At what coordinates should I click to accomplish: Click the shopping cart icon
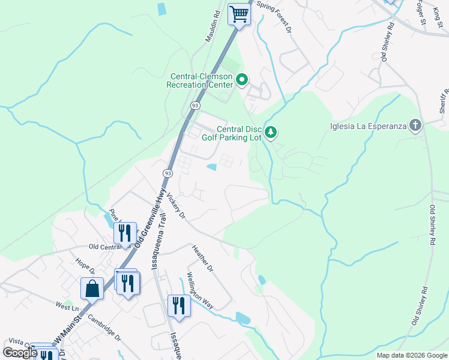click(240, 14)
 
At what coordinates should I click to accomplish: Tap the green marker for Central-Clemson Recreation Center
click(242, 80)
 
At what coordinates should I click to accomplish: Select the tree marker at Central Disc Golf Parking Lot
click(271, 132)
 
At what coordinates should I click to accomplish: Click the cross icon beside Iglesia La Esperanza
click(414, 125)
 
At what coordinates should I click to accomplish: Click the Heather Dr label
click(202, 258)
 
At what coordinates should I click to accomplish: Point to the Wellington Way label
click(199, 290)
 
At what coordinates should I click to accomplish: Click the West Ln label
click(68, 305)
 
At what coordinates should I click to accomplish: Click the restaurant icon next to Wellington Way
click(178, 305)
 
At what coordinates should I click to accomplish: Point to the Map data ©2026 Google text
click(411, 355)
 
